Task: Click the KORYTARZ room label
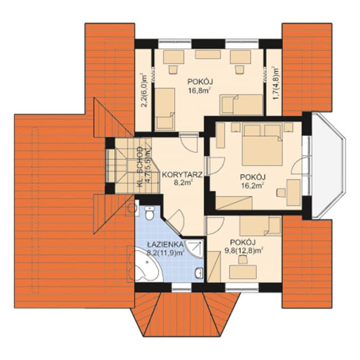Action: [x=182, y=175]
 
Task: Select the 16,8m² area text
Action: [x=200, y=91]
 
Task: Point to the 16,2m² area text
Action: [x=252, y=186]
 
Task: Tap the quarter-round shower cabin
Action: [x=195, y=249]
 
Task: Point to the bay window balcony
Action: [x=328, y=165]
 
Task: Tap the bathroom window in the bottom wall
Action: [x=181, y=287]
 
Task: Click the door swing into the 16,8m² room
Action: [x=189, y=143]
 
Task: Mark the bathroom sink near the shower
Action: [x=199, y=273]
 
